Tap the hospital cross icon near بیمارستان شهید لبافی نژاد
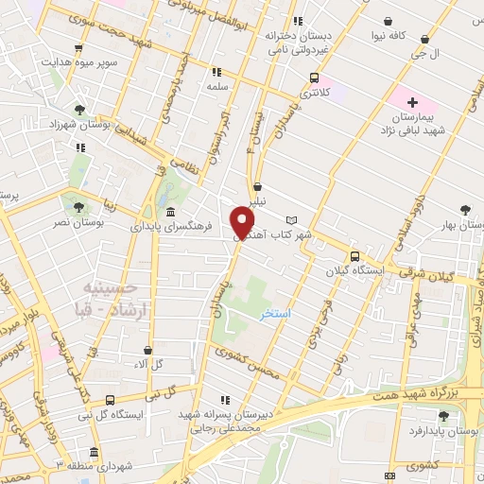(413, 101)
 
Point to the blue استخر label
(276, 312)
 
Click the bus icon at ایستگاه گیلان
(354, 255)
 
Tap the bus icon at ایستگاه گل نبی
(111, 400)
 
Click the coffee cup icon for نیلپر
(258, 187)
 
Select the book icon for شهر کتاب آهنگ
(291, 219)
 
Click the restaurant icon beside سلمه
(216, 71)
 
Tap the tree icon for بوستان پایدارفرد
(443, 416)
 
